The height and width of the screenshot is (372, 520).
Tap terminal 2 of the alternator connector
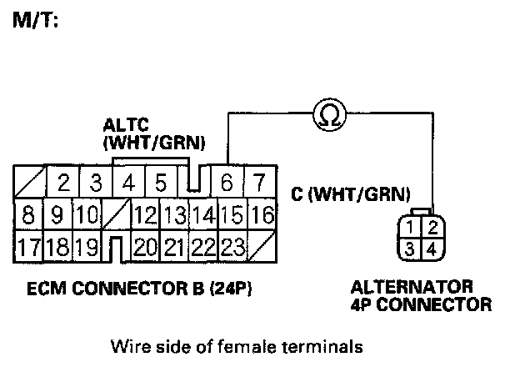coord(430,226)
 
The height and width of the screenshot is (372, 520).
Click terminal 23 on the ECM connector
coord(232,247)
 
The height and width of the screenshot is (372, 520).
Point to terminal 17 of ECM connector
coord(28,247)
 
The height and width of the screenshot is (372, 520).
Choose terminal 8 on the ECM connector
coord(28,215)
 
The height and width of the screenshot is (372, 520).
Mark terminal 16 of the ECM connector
coord(262,215)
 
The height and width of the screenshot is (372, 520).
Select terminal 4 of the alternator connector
coord(430,248)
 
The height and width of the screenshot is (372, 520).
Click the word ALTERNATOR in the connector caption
coord(412,288)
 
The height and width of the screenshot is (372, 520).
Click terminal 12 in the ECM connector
coord(145,215)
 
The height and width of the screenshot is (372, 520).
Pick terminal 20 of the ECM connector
coord(145,247)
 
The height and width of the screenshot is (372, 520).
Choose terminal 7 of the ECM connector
coord(260,182)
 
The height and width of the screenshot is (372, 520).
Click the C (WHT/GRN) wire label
coord(350,194)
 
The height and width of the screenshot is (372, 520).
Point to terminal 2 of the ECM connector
coord(63,182)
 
